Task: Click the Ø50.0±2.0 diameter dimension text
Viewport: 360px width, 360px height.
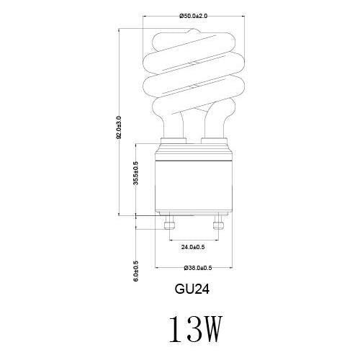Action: pos(194,16)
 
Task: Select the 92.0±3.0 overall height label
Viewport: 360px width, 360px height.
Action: pos(119,127)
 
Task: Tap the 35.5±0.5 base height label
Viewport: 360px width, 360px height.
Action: pos(136,173)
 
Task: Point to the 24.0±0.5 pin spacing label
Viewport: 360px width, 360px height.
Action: pos(193,247)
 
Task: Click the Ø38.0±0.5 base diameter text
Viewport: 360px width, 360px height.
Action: pos(198,268)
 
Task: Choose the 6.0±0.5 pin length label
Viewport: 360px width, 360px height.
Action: pos(136,271)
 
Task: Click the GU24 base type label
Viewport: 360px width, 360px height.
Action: pos(192,289)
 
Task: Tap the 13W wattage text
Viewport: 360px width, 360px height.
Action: pos(195,329)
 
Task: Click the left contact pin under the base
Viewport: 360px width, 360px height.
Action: pos(169,222)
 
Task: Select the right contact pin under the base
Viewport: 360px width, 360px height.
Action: pos(218,222)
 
